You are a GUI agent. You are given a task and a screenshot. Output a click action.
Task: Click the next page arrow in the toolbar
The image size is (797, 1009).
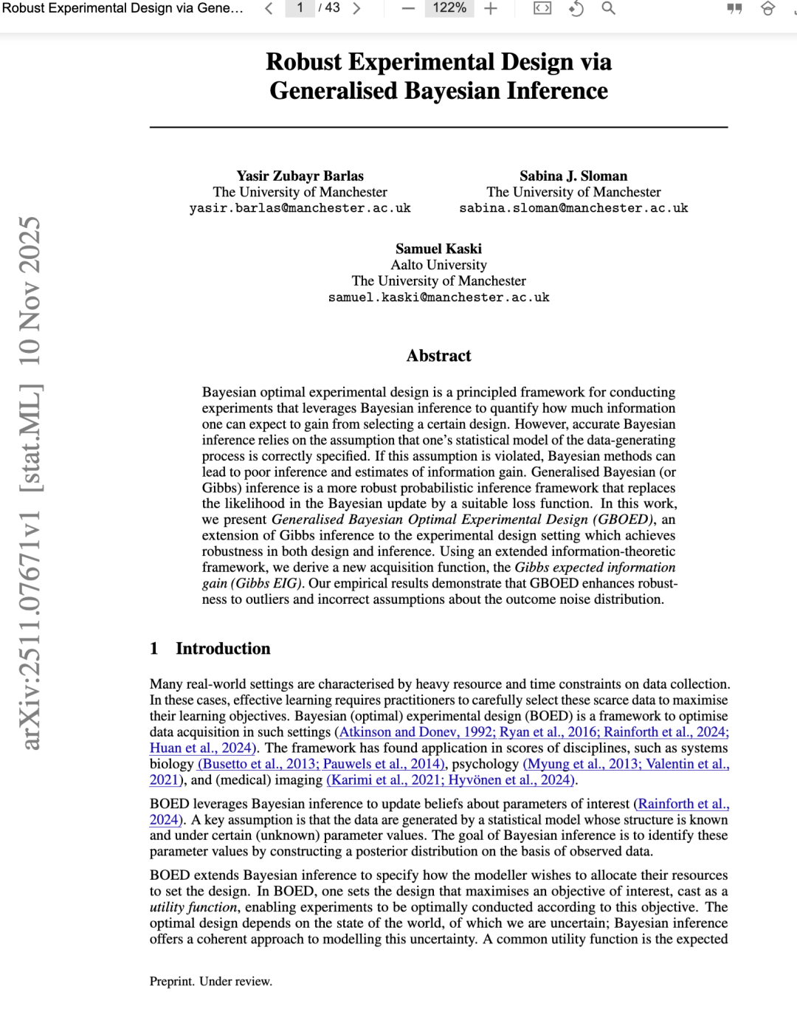[357, 9]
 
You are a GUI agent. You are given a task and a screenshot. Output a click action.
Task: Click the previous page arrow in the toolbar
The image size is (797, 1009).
[269, 9]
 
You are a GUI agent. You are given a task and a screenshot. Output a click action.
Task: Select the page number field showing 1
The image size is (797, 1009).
[300, 8]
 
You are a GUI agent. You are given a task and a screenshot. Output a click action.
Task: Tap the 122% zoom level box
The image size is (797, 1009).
[449, 8]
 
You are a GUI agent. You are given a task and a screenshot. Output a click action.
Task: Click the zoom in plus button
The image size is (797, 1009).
[491, 9]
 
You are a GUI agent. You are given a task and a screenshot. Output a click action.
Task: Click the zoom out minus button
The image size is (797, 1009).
[408, 9]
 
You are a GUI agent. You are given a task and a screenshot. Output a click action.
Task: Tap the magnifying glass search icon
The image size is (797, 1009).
[609, 9]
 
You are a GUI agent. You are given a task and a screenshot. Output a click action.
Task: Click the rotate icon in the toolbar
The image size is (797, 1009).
[576, 9]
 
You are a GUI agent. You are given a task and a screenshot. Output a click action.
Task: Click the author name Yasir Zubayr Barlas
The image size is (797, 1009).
[300, 176]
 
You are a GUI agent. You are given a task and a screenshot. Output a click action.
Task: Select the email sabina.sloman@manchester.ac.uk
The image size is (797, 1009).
[573, 208]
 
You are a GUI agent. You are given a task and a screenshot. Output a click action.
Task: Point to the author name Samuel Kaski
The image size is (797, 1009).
[438, 249]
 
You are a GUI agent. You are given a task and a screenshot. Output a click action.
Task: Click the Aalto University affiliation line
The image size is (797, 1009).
[438, 265]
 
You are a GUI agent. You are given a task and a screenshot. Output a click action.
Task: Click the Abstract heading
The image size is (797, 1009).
[438, 356]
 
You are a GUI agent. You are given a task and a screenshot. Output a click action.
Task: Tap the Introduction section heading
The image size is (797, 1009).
[223, 649]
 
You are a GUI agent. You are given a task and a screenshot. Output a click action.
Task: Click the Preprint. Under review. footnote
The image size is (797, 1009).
[211, 982]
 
